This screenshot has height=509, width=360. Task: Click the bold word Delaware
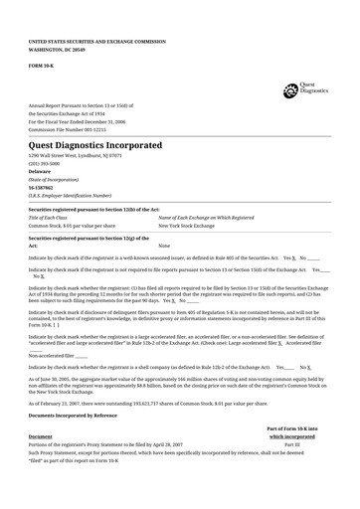coord(41,171)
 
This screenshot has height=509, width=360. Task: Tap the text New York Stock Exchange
coord(190,226)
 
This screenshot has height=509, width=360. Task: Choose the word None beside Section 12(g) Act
coord(164,246)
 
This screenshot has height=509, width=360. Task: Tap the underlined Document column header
coord(41,436)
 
